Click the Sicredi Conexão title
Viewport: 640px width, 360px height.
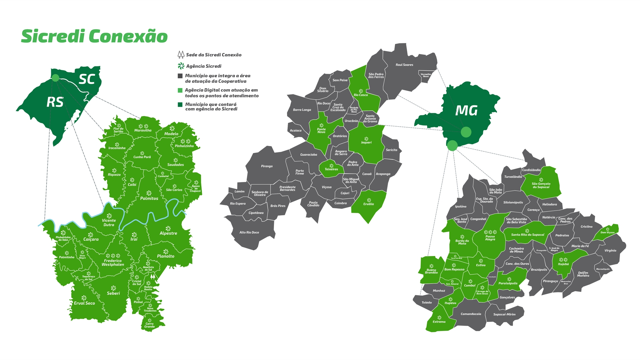tap(94, 36)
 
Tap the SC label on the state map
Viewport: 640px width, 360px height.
tap(87, 79)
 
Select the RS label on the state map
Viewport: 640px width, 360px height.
tap(55, 102)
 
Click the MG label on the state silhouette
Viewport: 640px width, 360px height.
tap(466, 111)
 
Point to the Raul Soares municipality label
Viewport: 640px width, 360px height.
tap(404, 65)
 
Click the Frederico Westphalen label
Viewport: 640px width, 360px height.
tap(113, 263)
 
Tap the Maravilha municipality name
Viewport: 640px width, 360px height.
tap(143, 130)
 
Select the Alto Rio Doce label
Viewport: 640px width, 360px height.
tap(249, 232)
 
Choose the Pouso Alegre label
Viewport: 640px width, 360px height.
tap(490, 238)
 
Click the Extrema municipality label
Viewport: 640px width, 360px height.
tap(439, 322)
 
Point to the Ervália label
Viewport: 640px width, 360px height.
tap(368, 204)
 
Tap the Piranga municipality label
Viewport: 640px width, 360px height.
tap(267, 166)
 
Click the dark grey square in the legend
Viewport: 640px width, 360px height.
tap(180, 76)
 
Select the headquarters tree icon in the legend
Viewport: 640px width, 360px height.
tap(181, 54)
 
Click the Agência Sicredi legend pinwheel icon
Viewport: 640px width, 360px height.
tap(181, 66)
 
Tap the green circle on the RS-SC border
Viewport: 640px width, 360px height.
tap(56, 78)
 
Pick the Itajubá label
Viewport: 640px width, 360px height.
tap(563, 264)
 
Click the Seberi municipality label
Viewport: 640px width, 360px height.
tap(113, 293)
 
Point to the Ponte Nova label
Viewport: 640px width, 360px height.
tap(321, 131)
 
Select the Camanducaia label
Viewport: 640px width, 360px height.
tap(471, 314)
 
